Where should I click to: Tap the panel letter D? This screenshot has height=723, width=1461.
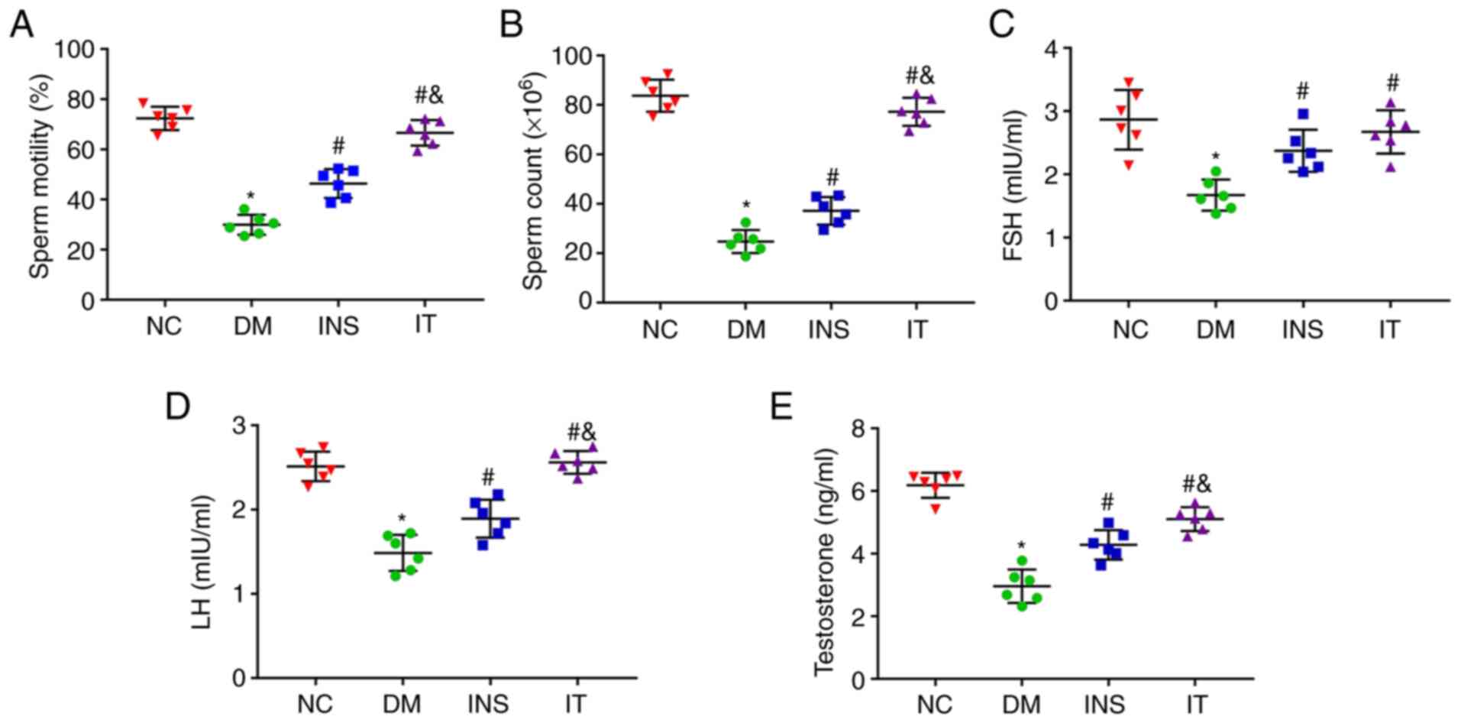[177, 407]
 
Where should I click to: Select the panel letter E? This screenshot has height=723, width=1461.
[781, 407]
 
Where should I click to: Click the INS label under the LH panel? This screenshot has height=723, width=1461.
[489, 704]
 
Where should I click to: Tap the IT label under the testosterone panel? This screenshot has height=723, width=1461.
[1196, 704]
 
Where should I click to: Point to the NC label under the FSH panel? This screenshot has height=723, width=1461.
[1130, 329]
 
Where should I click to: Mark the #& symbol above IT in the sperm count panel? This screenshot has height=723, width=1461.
[920, 76]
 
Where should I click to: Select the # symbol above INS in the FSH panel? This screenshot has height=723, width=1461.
[1302, 92]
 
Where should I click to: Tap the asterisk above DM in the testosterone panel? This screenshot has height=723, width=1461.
[1021, 546]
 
